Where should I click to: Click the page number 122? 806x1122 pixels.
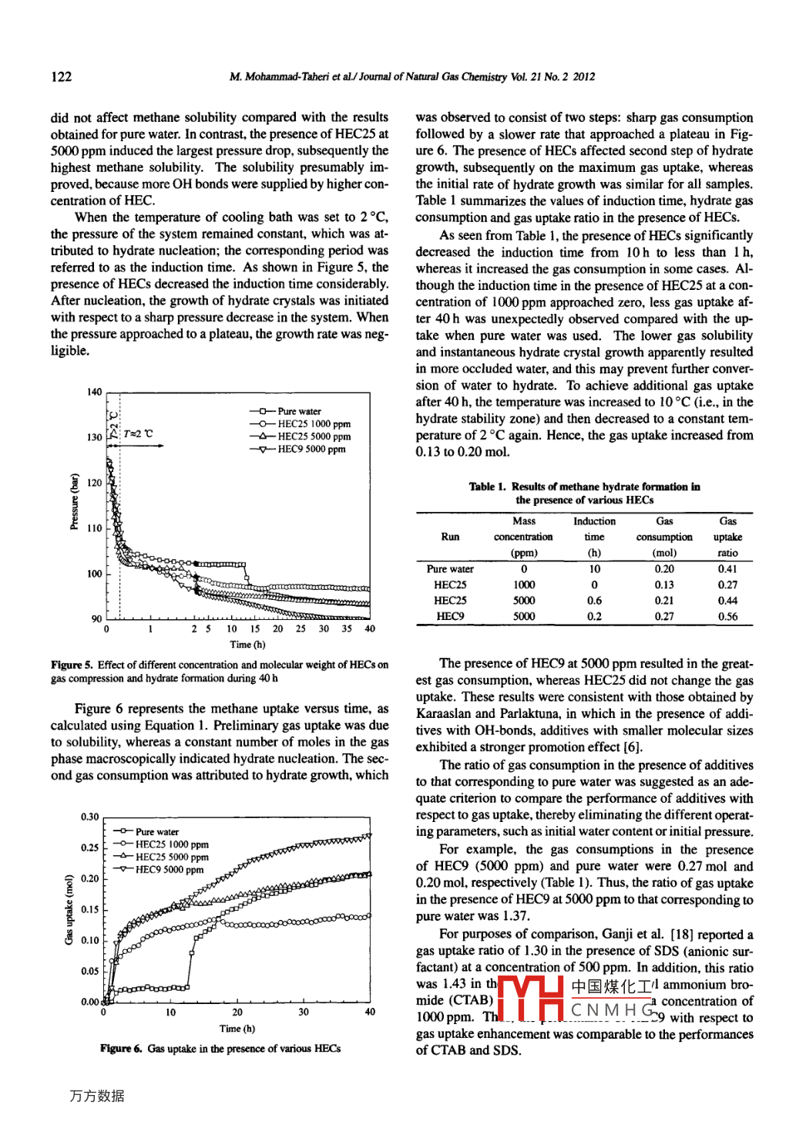61,76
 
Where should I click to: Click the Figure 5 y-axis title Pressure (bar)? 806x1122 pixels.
75,501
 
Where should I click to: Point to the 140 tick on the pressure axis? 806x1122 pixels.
94,392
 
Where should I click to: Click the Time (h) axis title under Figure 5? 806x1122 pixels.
247,645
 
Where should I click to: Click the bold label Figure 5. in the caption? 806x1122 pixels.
72,665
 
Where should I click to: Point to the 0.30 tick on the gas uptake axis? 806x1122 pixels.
89,817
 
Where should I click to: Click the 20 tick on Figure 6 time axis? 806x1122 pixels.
237,1012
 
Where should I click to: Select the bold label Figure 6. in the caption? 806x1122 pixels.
121,1049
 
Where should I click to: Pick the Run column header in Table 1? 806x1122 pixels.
450,537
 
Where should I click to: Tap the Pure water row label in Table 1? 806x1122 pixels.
450,569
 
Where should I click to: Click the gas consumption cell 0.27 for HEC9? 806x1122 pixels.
663,617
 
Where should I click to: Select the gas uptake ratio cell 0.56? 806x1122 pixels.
727,617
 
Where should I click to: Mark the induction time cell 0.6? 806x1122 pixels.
594,601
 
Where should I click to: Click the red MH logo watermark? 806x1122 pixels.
531,999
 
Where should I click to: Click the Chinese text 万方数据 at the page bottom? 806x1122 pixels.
97,1096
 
